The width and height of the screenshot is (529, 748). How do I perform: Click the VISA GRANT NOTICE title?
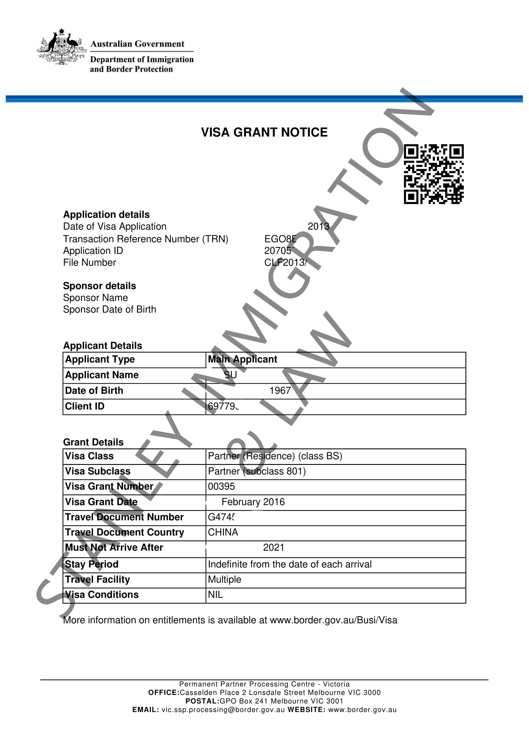point(264,132)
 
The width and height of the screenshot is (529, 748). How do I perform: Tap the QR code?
point(434,174)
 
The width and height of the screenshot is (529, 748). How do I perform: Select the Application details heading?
point(106,214)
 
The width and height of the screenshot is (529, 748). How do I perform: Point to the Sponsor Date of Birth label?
point(109,309)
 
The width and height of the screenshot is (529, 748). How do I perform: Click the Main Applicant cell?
point(242,359)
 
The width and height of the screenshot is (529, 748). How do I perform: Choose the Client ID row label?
point(85,406)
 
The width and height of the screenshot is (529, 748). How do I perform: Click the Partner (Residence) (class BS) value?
point(275,456)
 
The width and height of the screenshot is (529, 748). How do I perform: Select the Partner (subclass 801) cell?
point(257,471)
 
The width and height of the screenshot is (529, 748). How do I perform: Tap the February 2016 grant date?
point(253,502)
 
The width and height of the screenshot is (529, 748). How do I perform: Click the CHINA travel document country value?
point(223,532)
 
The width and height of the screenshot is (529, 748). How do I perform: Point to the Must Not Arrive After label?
point(114,547)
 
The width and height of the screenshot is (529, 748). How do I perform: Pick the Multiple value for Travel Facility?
point(225,579)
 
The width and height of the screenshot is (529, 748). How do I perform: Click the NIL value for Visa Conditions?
point(215,594)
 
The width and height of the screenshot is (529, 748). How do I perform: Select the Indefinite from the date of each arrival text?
point(289,564)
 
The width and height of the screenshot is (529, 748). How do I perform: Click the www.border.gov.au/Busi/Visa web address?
point(334,620)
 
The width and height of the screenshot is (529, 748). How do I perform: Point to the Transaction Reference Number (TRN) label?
point(146,239)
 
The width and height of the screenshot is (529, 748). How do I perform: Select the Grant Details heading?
point(93,442)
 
